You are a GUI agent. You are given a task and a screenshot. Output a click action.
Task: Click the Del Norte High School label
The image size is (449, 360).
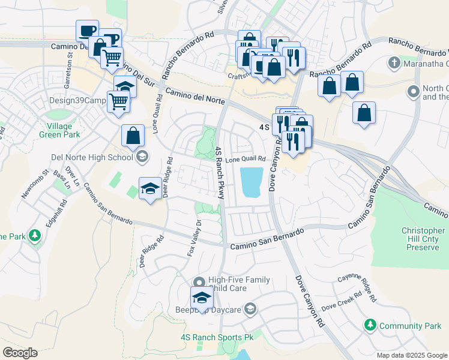tap(92, 158)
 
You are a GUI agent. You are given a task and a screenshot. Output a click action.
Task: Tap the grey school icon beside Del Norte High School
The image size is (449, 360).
tap(142, 158)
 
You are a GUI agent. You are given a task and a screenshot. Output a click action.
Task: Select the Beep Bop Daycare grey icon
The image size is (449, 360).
tap(250, 310)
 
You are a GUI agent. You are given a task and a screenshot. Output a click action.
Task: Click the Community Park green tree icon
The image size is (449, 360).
tap(370, 325)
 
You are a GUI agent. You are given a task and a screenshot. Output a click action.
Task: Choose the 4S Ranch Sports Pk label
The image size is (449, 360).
tap(217, 338)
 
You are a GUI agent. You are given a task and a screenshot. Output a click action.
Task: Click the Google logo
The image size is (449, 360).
tap(20, 353)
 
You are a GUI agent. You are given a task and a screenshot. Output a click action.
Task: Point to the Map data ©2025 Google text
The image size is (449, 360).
tap(411, 355)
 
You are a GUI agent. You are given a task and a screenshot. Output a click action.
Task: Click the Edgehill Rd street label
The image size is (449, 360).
tap(62, 207)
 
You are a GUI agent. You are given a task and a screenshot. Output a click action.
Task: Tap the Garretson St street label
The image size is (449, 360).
tap(70, 67)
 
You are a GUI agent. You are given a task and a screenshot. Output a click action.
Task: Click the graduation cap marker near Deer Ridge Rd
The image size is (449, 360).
tap(149, 189)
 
